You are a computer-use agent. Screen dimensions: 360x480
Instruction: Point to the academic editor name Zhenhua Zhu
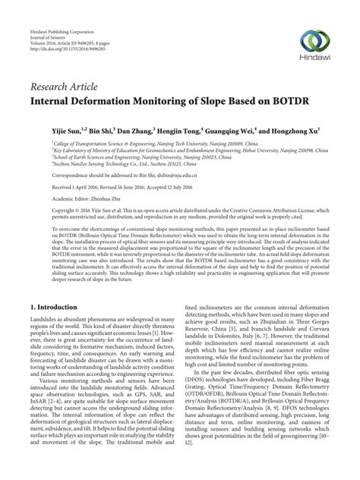tap(112, 197)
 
